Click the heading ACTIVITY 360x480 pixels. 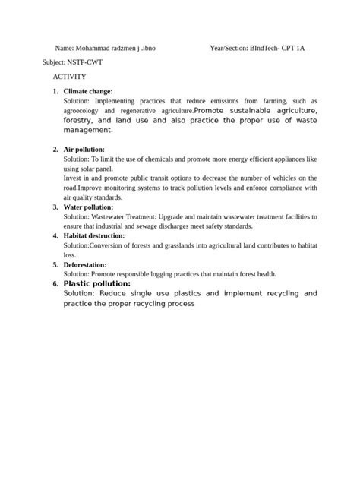(69, 77)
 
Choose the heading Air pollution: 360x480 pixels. (84, 150)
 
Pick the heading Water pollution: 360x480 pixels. (88, 207)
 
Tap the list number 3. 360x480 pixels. (55, 207)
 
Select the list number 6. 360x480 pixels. (55, 283)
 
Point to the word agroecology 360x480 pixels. (84, 111)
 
